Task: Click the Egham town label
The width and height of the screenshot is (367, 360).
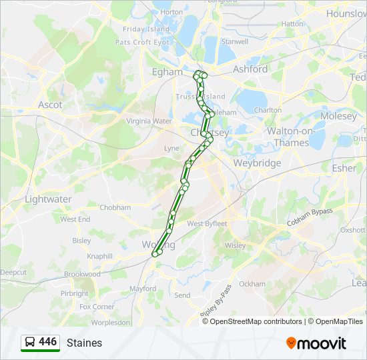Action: tap(167, 72)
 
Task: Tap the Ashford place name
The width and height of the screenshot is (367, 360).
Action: tap(250, 69)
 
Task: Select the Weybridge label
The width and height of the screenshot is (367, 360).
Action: tap(257, 163)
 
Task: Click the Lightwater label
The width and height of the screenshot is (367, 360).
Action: tap(48, 199)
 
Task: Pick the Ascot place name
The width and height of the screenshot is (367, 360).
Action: tap(50, 105)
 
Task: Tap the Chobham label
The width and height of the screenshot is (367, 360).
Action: tap(115, 207)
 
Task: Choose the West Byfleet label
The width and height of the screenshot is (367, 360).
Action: tap(207, 224)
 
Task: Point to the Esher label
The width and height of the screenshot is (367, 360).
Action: tap(344, 168)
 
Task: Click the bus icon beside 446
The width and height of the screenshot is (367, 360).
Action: tap(30, 342)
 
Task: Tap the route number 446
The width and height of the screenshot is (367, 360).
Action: tap(47, 342)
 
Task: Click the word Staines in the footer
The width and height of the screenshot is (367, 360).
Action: tap(84, 343)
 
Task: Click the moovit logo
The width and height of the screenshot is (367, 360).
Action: tap(316, 343)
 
